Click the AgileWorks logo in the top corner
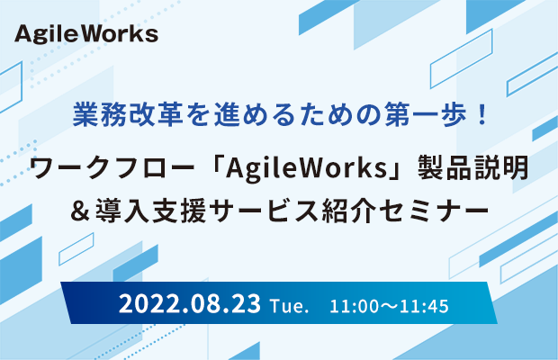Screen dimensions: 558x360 (x=86, y=34)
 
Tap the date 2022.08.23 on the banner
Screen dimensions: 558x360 (x=190, y=304)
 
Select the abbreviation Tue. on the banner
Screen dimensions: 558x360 (x=289, y=306)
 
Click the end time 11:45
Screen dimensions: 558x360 (x=424, y=306)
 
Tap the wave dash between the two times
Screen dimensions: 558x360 (x=389, y=307)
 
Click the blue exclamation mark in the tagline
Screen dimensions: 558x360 (x=483, y=114)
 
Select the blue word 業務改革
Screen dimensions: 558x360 (x=128, y=114)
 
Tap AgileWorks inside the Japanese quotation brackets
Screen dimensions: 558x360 (x=306, y=168)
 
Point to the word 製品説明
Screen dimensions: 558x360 (x=472, y=167)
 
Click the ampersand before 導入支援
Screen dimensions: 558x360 (x=80, y=211)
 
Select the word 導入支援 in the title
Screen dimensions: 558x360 (x=151, y=211)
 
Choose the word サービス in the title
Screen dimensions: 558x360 (x=264, y=211)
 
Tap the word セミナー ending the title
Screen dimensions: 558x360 (x=434, y=211)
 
